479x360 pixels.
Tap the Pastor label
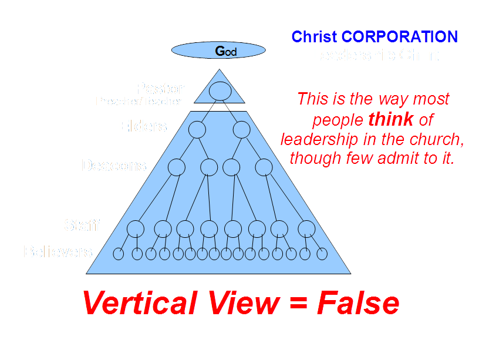(x=160, y=89)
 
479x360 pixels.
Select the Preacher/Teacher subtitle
(x=139, y=101)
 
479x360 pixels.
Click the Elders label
(x=143, y=126)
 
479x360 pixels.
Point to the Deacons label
(x=113, y=166)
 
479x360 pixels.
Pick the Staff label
(x=82, y=225)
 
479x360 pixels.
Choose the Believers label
(x=58, y=252)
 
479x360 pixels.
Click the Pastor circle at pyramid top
(x=219, y=91)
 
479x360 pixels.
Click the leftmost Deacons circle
(x=177, y=167)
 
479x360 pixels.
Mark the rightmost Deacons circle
(x=264, y=167)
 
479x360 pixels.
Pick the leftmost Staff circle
(x=136, y=228)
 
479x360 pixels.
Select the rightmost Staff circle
(x=306, y=228)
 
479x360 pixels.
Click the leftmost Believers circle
(x=118, y=254)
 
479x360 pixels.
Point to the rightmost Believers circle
(x=322, y=254)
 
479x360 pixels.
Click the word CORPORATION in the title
(x=400, y=37)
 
